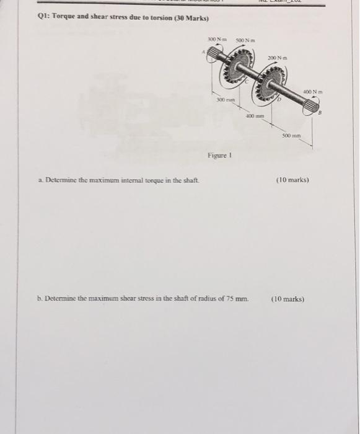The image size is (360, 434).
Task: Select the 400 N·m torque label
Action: coord(311,92)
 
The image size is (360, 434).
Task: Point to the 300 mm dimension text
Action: coord(224,99)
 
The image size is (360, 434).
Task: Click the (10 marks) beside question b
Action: coord(288,298)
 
